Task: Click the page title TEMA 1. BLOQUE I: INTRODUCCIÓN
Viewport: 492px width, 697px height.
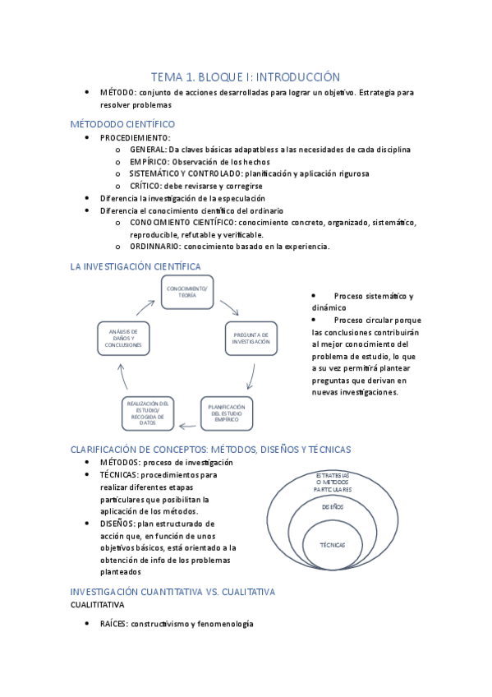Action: click(246, 76)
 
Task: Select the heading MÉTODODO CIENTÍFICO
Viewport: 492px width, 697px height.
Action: click(122, 124)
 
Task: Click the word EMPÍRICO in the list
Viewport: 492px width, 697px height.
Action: click(148, 162)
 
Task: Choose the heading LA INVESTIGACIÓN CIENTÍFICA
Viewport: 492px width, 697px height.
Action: click(136, 265)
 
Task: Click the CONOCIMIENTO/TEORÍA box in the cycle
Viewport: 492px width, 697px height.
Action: click(187, 292)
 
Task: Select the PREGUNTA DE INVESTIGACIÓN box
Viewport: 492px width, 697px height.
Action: click(251, 338)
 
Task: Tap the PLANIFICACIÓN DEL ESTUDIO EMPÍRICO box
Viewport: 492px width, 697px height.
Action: click(227, 413)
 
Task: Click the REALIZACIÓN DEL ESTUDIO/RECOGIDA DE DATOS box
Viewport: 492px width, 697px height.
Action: click(147, 413)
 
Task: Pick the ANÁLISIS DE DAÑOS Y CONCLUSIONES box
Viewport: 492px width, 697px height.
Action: click(123, 338)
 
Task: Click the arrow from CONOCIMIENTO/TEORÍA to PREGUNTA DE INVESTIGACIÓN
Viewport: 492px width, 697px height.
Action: click(229, 308)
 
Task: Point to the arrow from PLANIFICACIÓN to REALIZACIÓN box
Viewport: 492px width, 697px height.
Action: click(187, 425)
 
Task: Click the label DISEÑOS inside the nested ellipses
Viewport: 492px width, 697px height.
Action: click(332, 507)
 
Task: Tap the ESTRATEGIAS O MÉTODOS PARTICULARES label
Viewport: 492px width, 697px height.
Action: click(332, 482)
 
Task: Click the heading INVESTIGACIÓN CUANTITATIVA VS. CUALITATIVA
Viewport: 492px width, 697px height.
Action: click(172, 592)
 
